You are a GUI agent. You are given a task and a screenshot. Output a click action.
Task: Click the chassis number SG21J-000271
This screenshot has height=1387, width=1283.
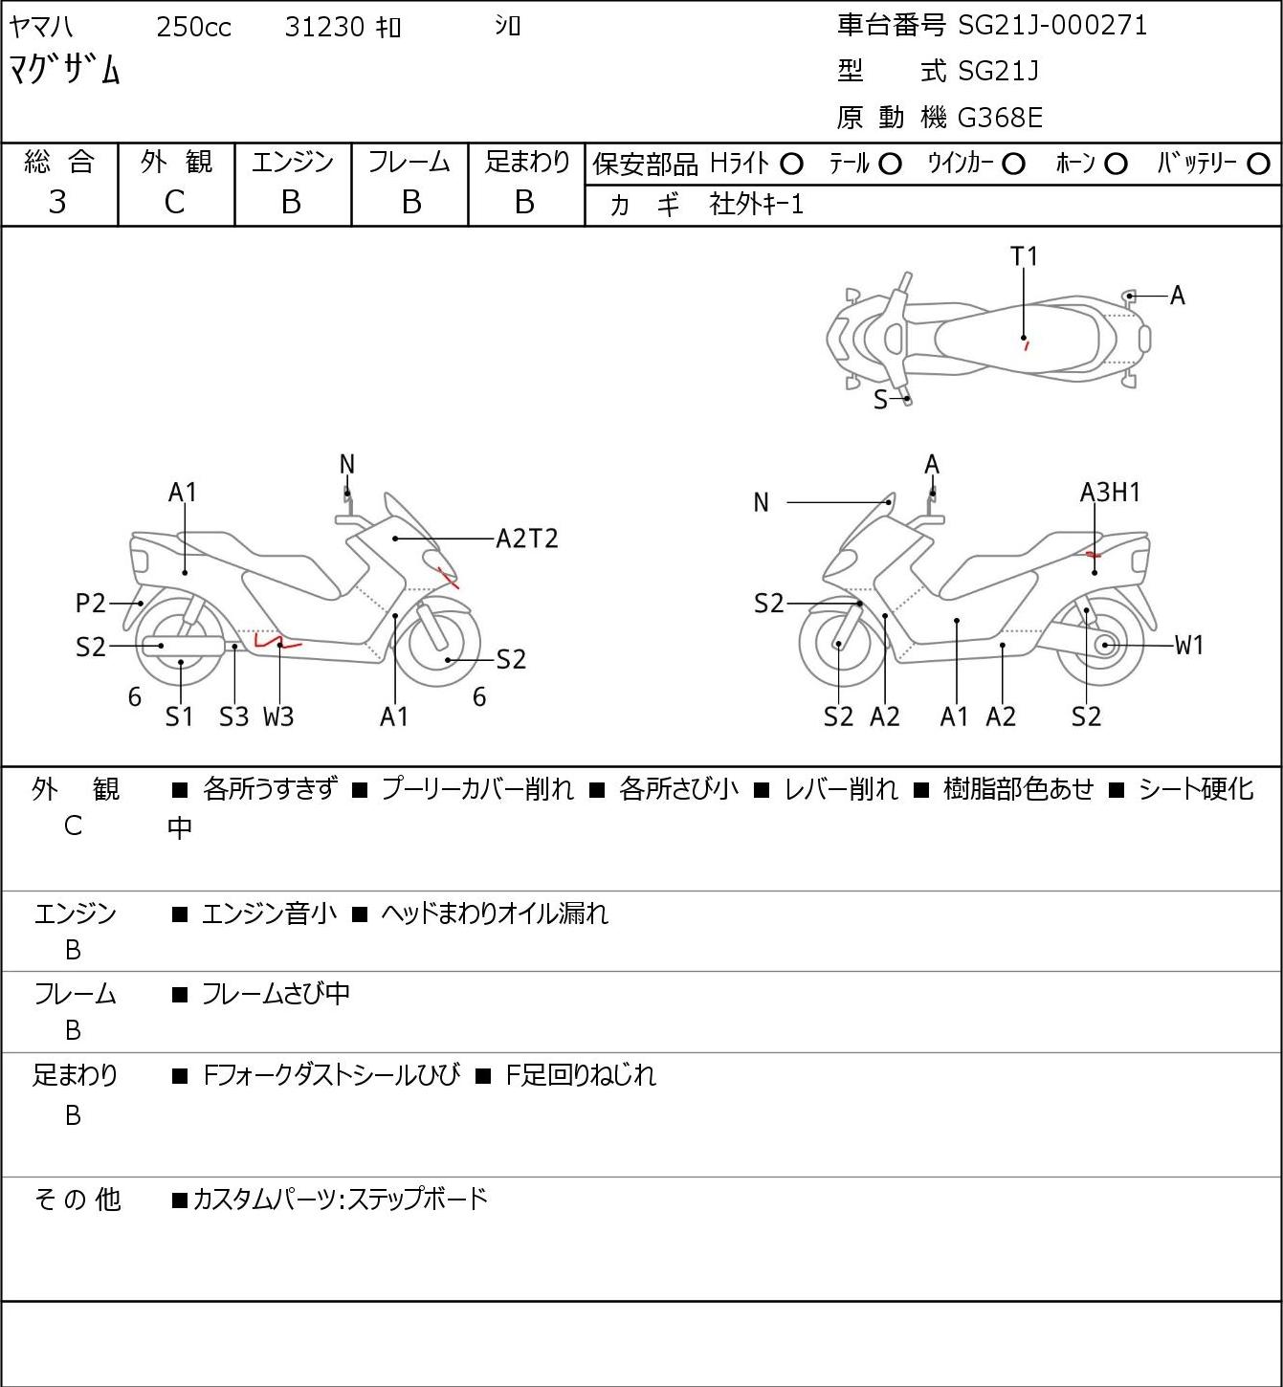1052,25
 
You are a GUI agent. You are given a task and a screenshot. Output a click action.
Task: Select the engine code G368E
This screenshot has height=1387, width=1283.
1000,118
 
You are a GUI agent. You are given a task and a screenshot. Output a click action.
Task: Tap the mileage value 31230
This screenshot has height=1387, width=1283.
324,27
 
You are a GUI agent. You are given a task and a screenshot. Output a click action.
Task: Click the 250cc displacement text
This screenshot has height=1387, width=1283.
193,27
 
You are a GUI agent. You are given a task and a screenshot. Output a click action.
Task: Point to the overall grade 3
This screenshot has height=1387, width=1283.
57,202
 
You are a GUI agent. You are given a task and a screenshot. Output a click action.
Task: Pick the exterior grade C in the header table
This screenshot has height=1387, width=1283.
174,202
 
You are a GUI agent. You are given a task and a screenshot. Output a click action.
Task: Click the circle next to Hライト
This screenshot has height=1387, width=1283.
791,165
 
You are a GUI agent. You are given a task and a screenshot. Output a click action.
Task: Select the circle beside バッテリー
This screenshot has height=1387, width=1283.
1259,165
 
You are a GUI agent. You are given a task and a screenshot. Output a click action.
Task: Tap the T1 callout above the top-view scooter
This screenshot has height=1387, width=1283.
1024,256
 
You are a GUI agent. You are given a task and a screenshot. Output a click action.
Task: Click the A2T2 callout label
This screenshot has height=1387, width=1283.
527,539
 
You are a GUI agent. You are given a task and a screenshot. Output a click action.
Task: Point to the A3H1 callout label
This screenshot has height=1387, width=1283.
1110,493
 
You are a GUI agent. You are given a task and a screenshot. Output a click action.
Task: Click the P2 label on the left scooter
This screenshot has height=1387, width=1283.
91,604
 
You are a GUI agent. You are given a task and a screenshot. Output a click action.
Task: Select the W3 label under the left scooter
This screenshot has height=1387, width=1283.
278,716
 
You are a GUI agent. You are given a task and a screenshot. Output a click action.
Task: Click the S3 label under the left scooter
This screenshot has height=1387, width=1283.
233,716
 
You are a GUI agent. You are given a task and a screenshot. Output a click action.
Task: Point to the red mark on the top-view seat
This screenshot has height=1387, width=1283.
1026,344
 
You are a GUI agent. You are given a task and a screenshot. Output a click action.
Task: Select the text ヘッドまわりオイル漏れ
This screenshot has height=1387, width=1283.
494,914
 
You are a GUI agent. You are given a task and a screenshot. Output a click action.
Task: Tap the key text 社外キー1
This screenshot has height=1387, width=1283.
756,204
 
